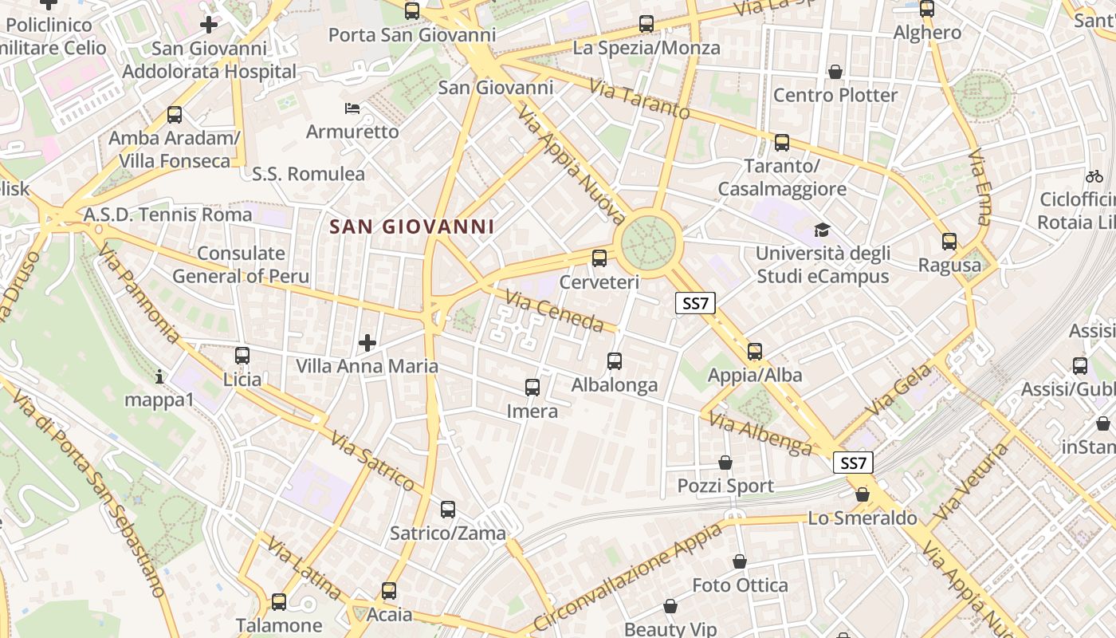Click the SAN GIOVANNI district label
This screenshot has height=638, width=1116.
point(412,226)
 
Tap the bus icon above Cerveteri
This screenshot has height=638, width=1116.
point(599,258)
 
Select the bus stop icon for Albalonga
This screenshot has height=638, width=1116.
point(615,361)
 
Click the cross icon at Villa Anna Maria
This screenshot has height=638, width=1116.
point(367,343)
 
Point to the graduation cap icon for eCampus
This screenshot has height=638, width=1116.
point(822,230)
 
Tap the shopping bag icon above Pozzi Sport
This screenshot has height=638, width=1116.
point(725,463)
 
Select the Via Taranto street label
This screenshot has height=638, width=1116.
point(639,99)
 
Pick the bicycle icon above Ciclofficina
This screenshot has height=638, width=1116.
point(1094,175)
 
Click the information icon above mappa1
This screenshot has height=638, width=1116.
point(159,376)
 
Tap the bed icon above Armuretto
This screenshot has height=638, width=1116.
point(352,108)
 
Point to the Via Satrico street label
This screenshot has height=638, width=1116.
point(372,462)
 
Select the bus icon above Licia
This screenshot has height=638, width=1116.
point(242,356)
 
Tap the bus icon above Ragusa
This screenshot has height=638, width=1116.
point(949,242)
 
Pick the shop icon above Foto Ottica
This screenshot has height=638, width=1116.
point(740,562)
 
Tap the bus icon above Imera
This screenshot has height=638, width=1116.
point(532,388)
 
